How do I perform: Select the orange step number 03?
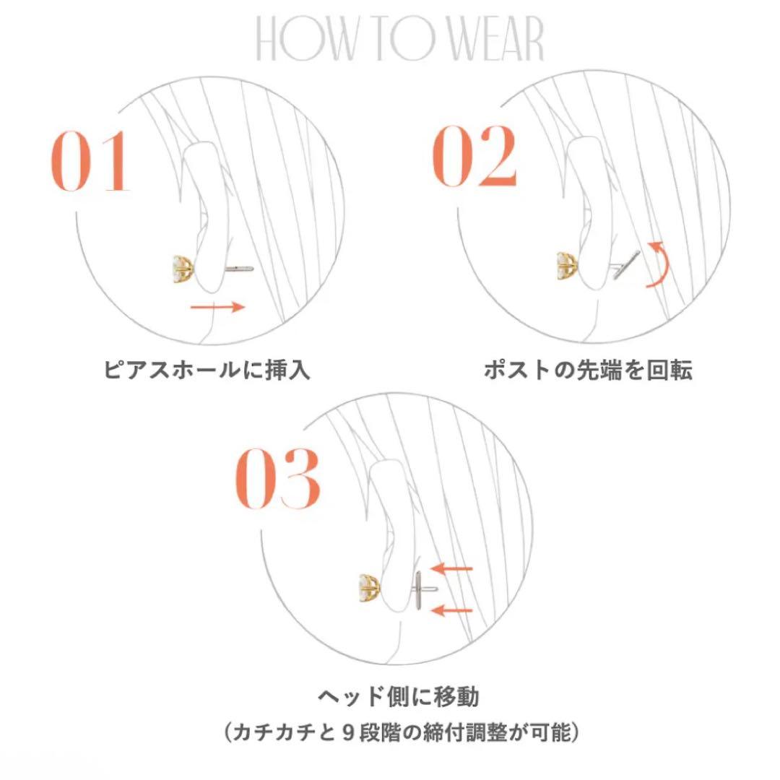coord(278,478)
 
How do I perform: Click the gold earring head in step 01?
coord(181,269)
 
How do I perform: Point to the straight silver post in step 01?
coord(235,269)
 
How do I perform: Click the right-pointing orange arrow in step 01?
coord(217,307)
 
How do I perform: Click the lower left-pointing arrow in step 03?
coord(451,611)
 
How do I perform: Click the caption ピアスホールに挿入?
coord(207,370)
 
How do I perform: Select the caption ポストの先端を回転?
coord(587,370)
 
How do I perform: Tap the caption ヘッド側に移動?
coord(399,698)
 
